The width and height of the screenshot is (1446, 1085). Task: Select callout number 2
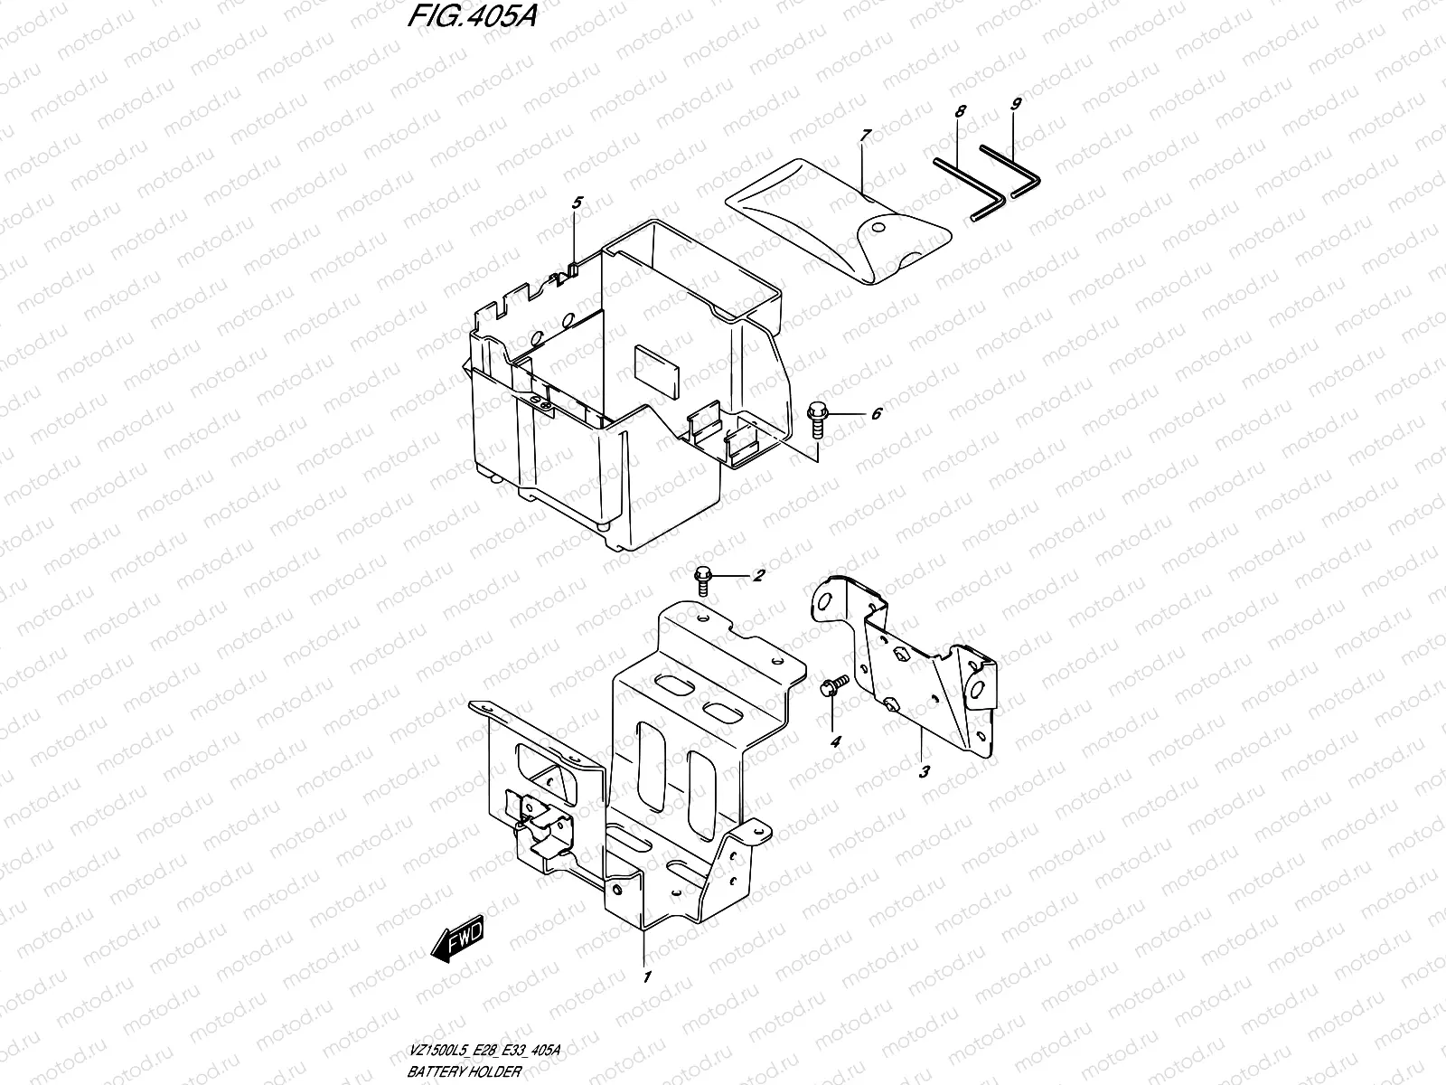pyautogui.click(x=759, y=575)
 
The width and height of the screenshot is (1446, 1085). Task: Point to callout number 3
pyautogui.click(x=924, y=772)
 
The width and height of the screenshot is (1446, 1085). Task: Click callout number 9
pyautogui.click(x=1015, y=105)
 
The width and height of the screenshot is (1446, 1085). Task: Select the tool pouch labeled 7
pyautogui.click(x=840, y=222)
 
